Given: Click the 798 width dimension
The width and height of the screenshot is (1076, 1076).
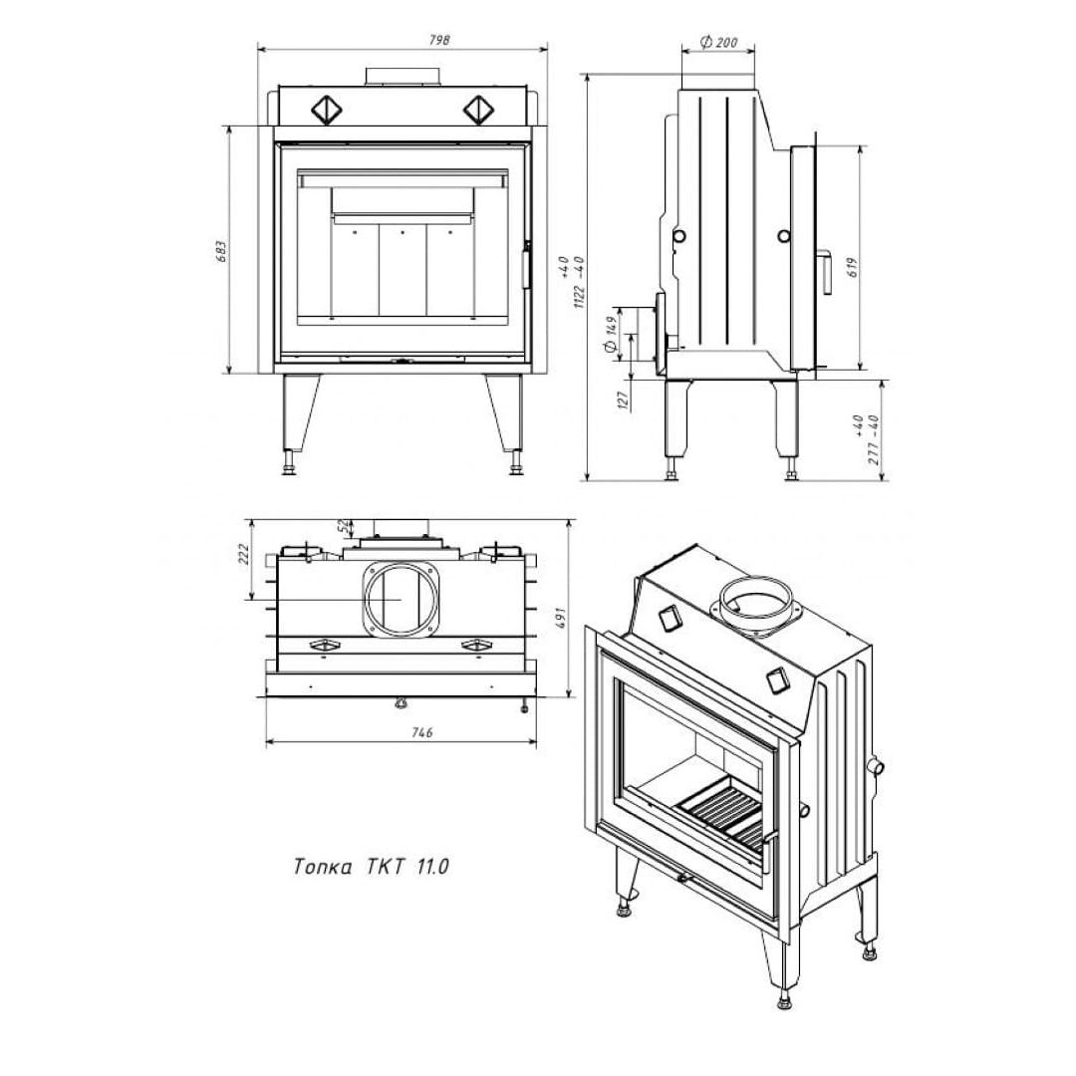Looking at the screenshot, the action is point(439,40).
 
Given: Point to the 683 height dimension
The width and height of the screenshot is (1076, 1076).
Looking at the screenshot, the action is point(221,252).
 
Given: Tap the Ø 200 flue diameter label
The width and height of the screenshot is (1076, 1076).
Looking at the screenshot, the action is point(717,43).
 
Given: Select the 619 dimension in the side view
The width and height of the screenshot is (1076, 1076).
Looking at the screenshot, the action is point(852,266).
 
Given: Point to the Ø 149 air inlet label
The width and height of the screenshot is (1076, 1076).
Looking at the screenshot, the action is point(610,334).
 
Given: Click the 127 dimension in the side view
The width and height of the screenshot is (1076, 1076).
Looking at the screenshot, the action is point(623,401).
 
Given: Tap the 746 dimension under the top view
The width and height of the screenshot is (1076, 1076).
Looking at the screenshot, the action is point(422,733).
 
